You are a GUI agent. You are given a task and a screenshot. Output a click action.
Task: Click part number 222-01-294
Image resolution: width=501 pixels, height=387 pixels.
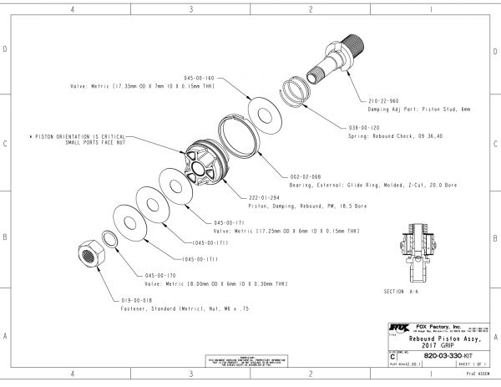265,196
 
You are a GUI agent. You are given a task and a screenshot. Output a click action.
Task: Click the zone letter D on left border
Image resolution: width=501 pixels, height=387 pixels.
6,49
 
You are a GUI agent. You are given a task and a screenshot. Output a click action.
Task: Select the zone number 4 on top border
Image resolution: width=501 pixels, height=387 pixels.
73,9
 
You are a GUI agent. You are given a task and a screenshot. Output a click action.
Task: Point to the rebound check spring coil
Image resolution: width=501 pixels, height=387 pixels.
298,89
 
